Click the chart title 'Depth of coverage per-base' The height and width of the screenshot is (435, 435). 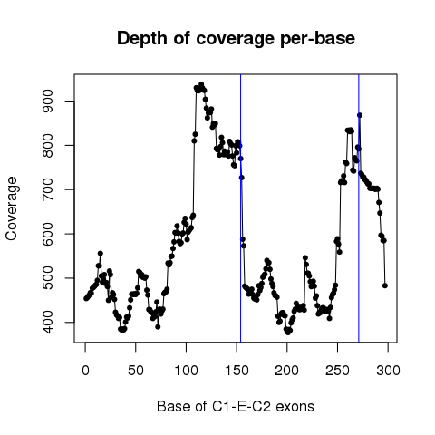tap(236, 39)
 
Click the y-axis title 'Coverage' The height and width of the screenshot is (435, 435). tap(12, 208)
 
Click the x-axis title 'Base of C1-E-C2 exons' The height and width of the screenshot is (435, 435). tap(236, 407)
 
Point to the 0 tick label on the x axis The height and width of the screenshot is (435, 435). tap(85, 371)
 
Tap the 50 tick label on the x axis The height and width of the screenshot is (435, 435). tap(136, 371)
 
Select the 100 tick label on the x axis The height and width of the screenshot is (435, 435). tap(186, 371)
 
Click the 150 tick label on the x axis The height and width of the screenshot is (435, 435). tap(237, 371)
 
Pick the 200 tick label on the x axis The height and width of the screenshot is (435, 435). tap(286, 371)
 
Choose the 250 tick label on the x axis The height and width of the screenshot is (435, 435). tap(337, 371)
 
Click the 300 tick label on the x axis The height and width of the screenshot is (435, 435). tap(388, 371)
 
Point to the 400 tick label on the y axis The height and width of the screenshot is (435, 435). tap(48, 323)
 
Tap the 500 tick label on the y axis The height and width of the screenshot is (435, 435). tap(48, 278)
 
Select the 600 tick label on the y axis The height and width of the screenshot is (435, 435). tap(48, 234)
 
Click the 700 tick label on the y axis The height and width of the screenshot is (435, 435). tap(48, 189)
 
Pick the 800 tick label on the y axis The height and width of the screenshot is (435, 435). tap(48, 145)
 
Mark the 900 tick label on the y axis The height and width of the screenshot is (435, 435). tap(48, 101)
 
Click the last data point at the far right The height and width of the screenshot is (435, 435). tap(385, 285)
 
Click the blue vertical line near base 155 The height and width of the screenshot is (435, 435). tap(240, 208)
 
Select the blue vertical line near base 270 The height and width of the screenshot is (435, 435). tap(359, 208)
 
